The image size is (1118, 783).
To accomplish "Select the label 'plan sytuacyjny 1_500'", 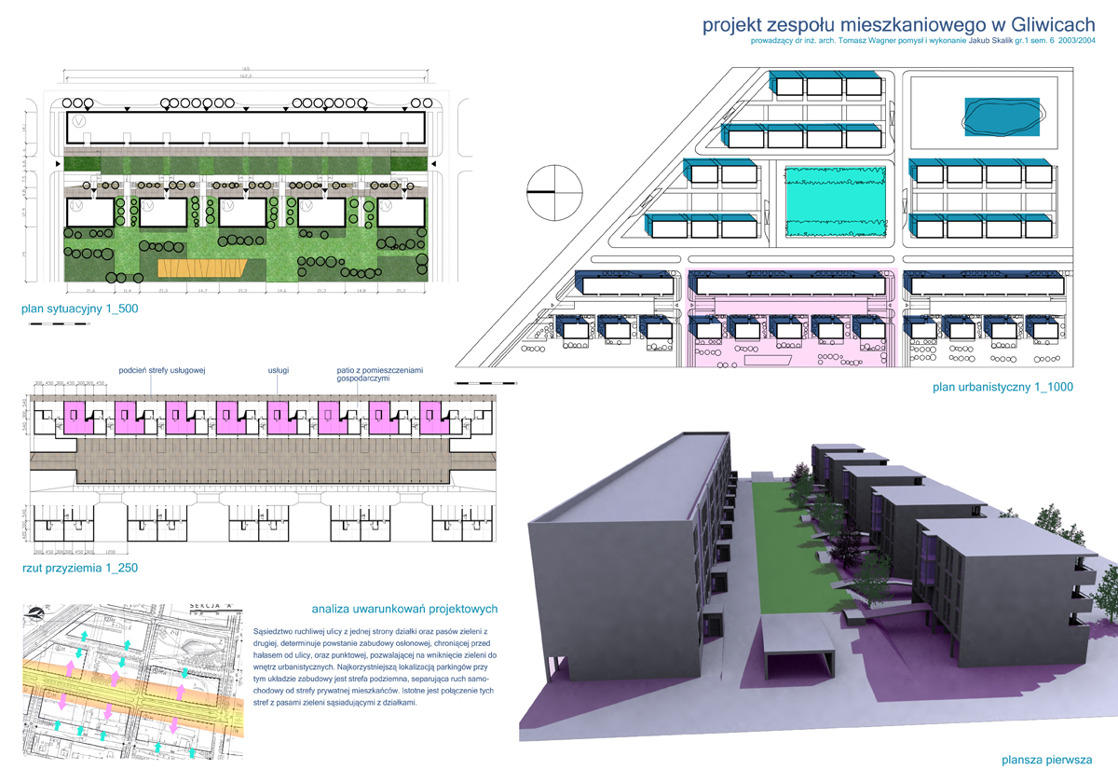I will pyautogui.click(x=80, y=309).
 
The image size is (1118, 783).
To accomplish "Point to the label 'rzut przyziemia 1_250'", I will pyautogui.click(x=80, y=567).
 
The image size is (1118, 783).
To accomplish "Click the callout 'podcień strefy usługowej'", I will pyautogui.click(x=162, y=370).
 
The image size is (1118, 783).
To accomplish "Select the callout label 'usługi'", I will pyautogui.click(x=279, y=370).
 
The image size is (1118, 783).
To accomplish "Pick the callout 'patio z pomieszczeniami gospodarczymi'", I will pyautogui.click(x=375, y=375).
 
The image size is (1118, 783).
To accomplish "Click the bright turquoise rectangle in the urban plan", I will pyautogui.click(x=833, y=200).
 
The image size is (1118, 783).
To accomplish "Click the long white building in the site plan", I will pyautogui.click(x=246, y=126).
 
